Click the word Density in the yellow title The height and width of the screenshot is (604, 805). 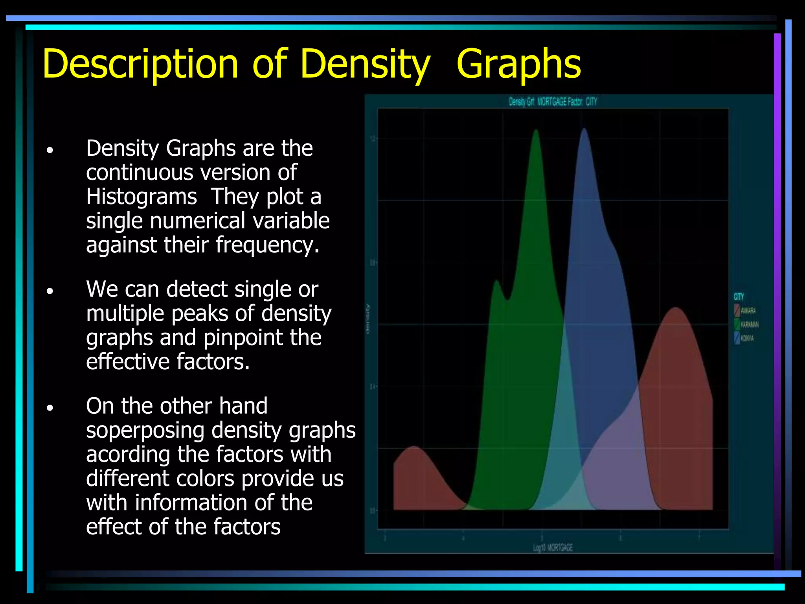[365, 64]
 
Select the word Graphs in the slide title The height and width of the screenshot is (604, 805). [518, 64]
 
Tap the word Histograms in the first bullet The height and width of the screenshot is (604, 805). [142, 197]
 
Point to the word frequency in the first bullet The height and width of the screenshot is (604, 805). [267, 245]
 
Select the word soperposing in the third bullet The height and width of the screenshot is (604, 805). [145, 430]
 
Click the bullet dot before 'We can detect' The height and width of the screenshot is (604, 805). [50, 291]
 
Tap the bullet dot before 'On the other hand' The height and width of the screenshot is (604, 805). [50, 408]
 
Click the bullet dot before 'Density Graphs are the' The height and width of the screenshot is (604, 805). [50, 150]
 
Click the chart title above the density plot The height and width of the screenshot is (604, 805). [553, 102]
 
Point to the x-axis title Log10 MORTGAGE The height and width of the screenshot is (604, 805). [553, 548]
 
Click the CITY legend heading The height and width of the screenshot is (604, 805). [739, 297]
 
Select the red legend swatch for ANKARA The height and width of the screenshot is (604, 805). [737, 311]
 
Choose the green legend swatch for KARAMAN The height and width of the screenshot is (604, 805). [737, 324]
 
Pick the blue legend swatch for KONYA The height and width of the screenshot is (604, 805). [737, 338]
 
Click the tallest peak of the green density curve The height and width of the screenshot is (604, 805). [536, 132]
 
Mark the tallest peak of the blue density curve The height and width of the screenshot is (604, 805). [584, 130]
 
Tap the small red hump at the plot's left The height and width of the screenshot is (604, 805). [414, 448]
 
